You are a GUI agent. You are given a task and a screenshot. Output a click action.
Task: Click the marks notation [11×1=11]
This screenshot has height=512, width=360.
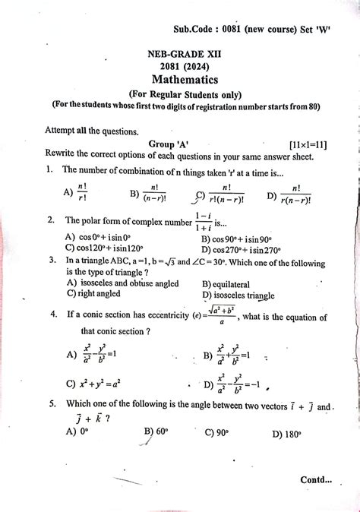[x=308, y=144]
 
